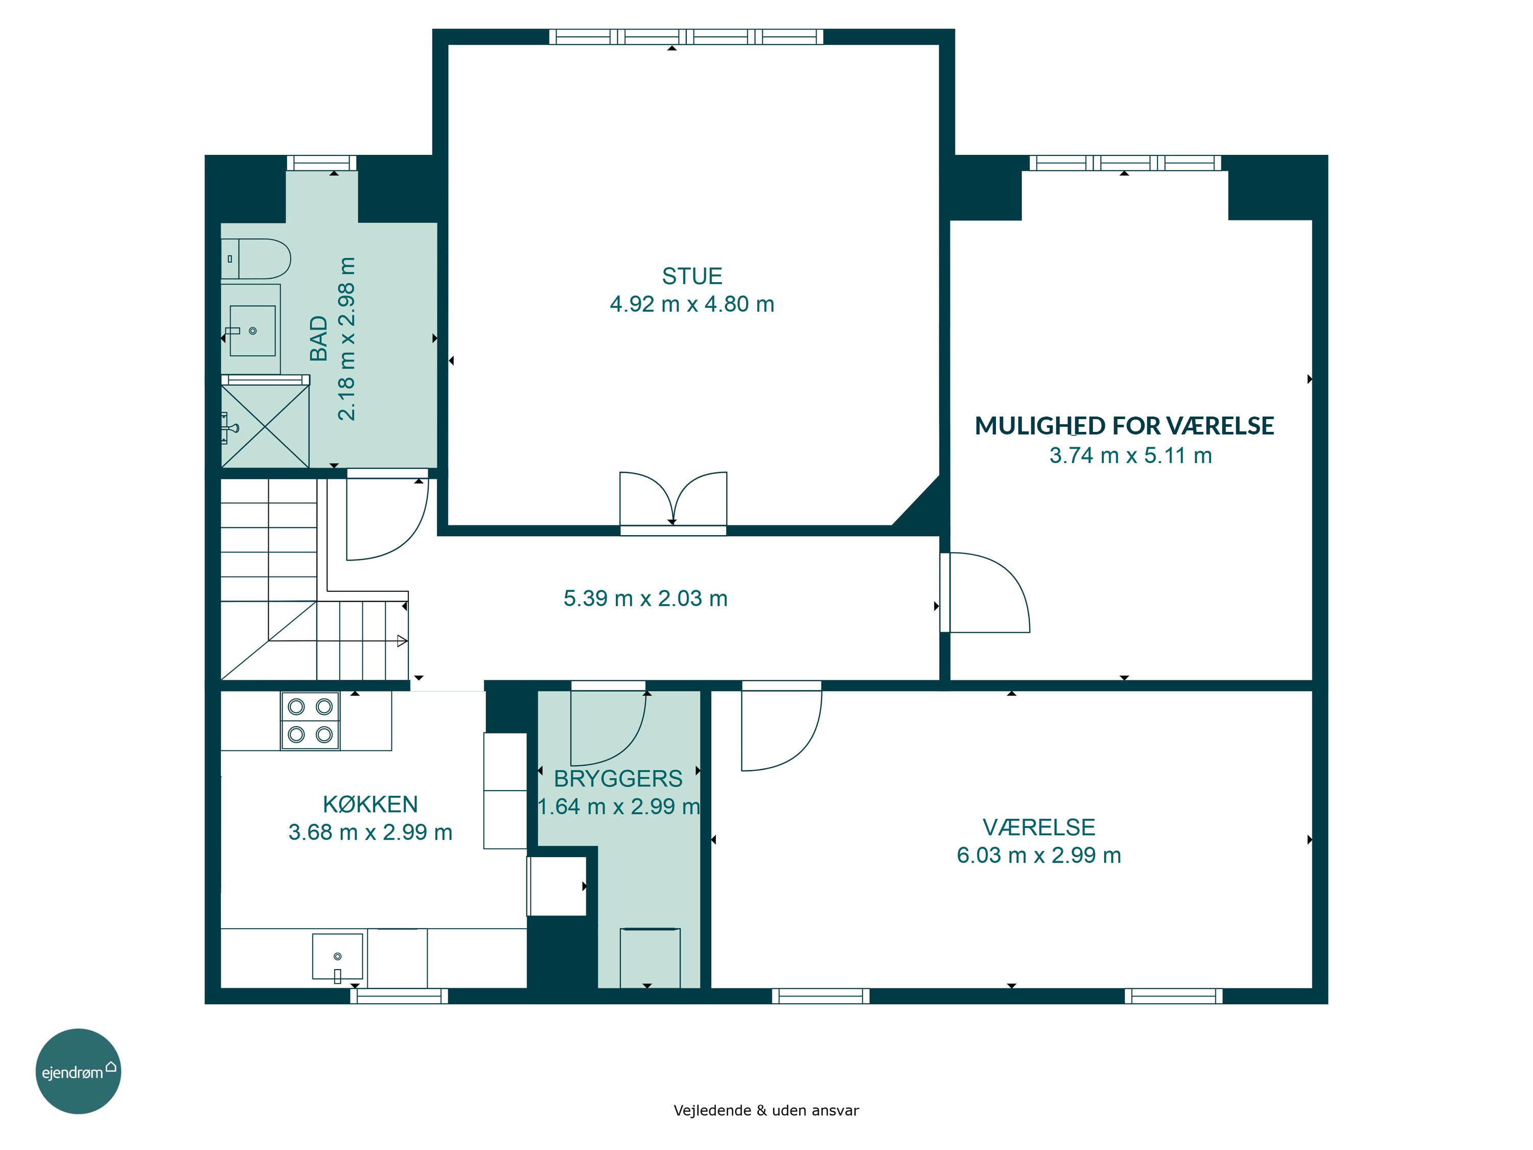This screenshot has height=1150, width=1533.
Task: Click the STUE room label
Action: pyautogui.click(x=692, y=277)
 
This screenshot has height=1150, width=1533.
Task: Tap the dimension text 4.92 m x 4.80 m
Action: pyautogui.click(x=692, y=304)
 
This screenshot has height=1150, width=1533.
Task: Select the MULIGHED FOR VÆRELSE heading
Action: pyautogui.click(x=1124, y=426)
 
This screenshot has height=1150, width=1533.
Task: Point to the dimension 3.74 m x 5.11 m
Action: pyautogui.click(x=1130, y=455)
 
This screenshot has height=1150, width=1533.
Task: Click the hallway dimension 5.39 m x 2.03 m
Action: pyautogui.click(x=645, y=598)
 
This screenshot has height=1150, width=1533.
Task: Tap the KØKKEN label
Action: pyautogui.click(x=370, y=804)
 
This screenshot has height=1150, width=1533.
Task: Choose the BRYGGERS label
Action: pyautogui.click(x=618, y=778)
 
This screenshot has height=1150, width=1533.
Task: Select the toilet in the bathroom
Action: pyautogui.click(x=255, y=259)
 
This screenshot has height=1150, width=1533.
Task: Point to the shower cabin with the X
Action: pyautogui.click(x=265, y=426)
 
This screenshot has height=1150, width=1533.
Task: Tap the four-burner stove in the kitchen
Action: pyautogui.click(x=310, y=721)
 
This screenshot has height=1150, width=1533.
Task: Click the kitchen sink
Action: pyautogui.click(x=337, y=957)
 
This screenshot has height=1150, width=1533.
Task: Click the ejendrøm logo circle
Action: pyautogui.click(x=78, y=1071)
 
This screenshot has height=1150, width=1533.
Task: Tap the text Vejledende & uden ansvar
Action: pyautogui.click(x=766, y=1111)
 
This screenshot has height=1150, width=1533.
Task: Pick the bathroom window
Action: pyautogui.click(x=321, y=163)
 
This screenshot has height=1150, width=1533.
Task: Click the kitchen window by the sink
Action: pyautogui.click(x=399, y=996)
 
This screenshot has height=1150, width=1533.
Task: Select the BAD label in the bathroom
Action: pyautogui.click(x=318, y=338)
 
